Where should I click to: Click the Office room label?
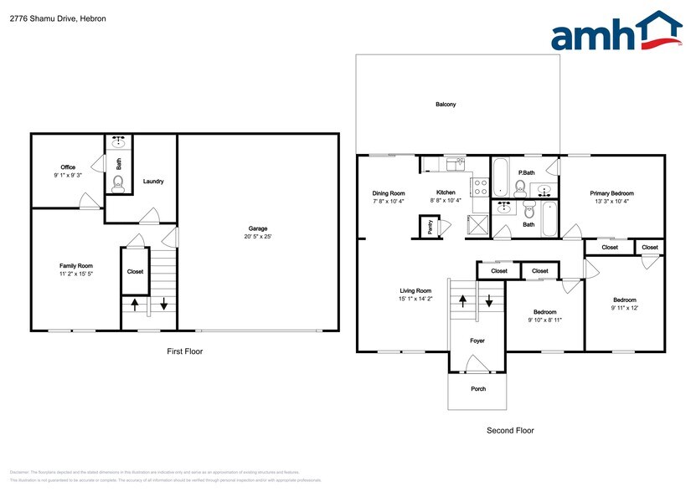point(68,167)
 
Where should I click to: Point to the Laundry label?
point(153,182)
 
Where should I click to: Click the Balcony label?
point(446,105)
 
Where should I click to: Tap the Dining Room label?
point(389,193)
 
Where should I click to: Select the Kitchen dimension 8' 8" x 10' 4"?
point(446,201)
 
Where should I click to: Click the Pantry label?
point(430,228)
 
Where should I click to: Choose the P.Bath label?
point(527,173)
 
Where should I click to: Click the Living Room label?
point(415,290)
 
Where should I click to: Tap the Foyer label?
point(477,341)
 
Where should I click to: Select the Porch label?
point(477,389)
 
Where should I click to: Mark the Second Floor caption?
point(510,430)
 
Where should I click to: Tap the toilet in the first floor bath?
point(118,184)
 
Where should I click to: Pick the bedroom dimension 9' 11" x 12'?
point(624,308)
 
